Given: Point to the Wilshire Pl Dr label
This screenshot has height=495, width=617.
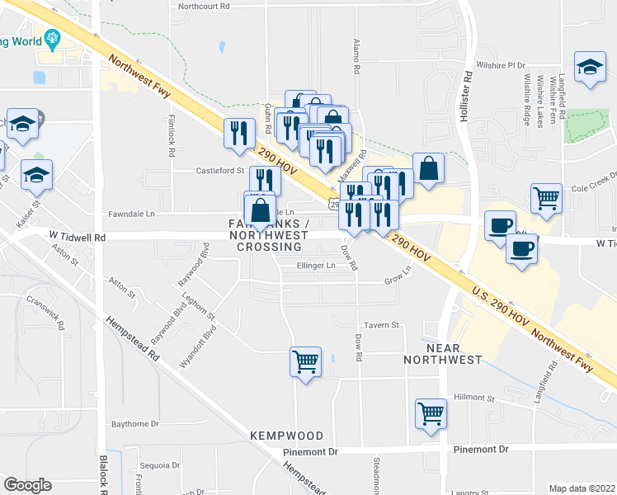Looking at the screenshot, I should click(505, 64).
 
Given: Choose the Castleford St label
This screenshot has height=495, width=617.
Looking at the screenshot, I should click(220, 171).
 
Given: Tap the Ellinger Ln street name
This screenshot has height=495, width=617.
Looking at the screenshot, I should click(316, 266).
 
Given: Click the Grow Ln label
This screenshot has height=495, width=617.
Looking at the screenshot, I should click(398, 281).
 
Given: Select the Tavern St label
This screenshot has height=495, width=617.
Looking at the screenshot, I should click(382, 325).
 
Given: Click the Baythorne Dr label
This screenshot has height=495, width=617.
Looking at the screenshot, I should click(134, 424).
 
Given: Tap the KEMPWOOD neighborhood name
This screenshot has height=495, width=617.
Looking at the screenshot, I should click(281, 435).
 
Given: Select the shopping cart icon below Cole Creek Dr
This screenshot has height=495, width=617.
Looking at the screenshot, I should click(546, 198).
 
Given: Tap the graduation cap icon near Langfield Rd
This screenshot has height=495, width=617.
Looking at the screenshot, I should click(591, 68).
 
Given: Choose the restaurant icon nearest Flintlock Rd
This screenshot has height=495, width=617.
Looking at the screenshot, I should click(239, 132).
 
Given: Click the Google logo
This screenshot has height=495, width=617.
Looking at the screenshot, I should click(27, 485).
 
